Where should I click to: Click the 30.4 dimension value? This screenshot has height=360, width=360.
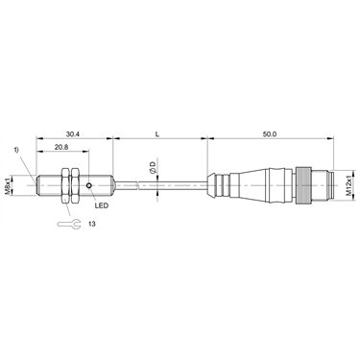(x=73, y=134)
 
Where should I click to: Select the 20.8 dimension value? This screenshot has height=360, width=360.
(x=60, y=147)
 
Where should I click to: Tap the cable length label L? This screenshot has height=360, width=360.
(x=157, y=134)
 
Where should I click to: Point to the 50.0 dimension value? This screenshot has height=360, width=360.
(x=270, y=134)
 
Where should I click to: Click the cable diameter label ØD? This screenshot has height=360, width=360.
(x=153, y=168)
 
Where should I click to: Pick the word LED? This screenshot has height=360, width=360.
(x=102, y=205)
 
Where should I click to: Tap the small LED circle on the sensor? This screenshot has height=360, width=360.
(x=89, y=185)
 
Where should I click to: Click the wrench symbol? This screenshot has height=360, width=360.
(x=68, y=224)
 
